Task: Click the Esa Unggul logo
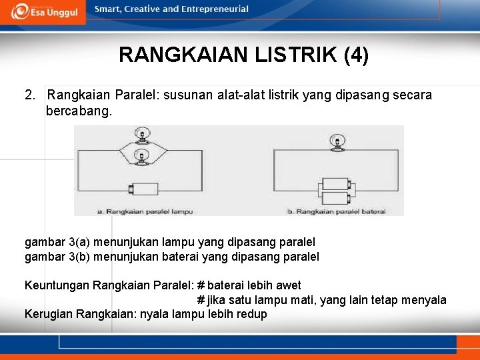tap(43, 11)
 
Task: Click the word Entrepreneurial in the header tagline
tap(216, 9)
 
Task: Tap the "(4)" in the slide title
tap(356, 55)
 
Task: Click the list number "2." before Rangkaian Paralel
tap(31, 95)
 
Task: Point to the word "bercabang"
tap(79, 111)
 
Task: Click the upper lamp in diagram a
tap(141, 136)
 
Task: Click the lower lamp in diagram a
tap(141, 157)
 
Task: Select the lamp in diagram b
tap(338, 141)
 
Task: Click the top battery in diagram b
tap(337, 184)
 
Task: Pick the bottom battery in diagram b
tap(337, 197)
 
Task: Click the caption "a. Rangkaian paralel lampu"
tap(145, 211)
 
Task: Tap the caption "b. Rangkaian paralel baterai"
tap(336, 211)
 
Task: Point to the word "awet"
tap(288, 285)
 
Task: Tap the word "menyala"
tap(425, 300)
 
